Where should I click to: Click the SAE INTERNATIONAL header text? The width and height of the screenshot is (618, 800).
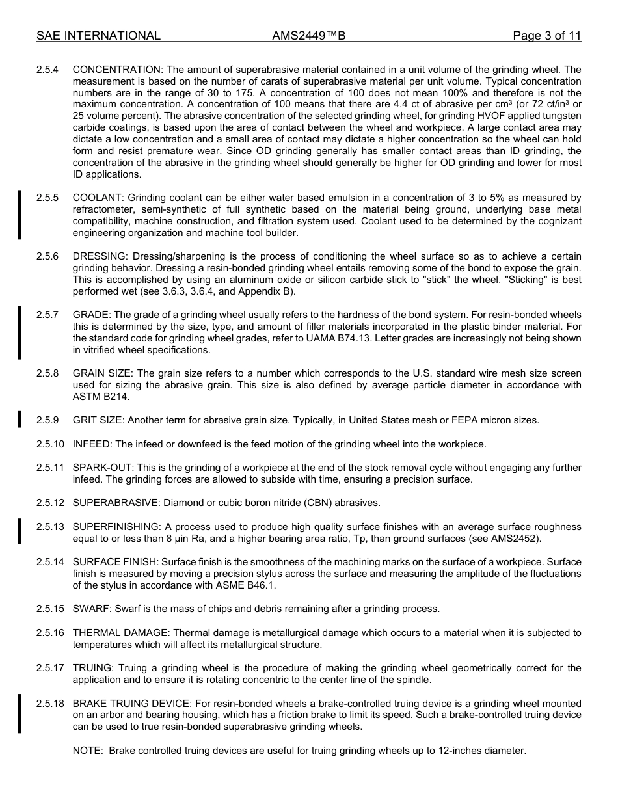tap(98, 36)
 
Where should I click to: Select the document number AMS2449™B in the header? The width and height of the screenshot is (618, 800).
tap(308, 36)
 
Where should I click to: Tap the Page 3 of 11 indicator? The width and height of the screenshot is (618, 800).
tap(546, 36)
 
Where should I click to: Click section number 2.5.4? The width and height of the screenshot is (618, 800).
tap(47, 70)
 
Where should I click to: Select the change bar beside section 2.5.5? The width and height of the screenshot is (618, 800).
tap(20, 215)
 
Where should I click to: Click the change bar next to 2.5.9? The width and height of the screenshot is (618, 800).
tap(20, 420)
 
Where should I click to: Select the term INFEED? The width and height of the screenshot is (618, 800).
tap(92, 444)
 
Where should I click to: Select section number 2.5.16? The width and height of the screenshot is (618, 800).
tap(50, 633)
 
